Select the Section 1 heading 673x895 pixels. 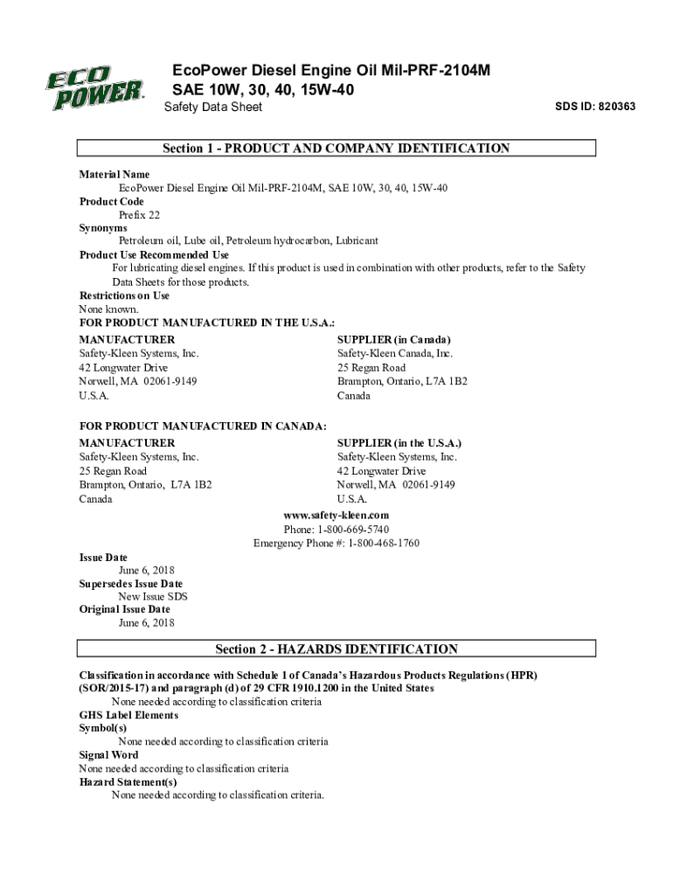point(336,149)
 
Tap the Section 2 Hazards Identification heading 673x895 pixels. point(336,649)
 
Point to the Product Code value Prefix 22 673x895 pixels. point(139,214)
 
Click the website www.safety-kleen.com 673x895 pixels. point(336,516)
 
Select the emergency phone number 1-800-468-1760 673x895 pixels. point(384,543)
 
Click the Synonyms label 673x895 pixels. point(103,228)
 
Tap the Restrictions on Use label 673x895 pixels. point(124,295)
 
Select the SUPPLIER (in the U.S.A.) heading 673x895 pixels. point(399,443)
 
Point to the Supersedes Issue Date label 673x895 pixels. point(131,584)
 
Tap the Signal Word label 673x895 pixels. point(108,755)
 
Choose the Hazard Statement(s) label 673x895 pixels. point(128,782)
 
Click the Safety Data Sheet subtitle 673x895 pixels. point(213,108)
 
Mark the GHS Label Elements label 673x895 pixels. point(128,715)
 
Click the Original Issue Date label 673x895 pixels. point(125,609)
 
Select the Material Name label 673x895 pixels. point(114,175)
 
